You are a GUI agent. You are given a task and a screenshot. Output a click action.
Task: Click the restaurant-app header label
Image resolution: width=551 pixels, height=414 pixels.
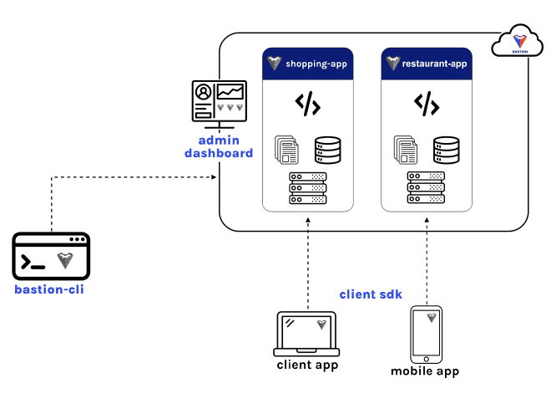tap(433, 64)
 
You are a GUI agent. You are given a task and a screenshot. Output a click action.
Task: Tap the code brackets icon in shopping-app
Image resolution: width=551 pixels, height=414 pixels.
tap(308, 105)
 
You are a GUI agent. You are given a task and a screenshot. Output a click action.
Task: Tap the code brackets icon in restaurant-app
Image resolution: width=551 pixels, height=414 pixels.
tap(427, 105)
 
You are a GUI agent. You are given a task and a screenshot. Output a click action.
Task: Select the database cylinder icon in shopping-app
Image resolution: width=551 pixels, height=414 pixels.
tap(328, 150)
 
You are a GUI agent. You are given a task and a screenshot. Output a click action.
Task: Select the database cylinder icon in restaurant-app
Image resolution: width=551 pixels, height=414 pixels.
tap(447, 150)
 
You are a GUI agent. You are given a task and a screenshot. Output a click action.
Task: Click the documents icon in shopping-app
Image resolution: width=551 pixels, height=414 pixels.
tap(287, 150)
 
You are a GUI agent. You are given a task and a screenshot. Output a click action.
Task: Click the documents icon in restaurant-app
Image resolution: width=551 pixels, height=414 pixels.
tap(406, 150)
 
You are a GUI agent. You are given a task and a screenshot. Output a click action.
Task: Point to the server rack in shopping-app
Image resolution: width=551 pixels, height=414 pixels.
tap(308, 188)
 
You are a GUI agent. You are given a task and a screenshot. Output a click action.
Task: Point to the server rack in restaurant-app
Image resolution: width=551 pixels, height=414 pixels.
tap(427, 188)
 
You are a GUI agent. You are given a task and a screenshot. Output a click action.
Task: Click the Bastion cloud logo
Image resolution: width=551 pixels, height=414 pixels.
tap(516, 42)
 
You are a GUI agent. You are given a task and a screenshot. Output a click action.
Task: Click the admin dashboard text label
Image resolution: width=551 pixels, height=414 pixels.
tap(218, 146)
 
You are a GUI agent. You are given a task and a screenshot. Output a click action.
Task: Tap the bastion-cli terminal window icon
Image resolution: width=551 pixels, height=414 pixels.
tap(51, 257)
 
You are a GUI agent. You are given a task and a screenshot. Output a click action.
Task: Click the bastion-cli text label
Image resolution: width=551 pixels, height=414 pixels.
tap(48, 290)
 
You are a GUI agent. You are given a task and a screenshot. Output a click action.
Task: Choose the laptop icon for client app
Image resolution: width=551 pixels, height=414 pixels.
tap(306, 334)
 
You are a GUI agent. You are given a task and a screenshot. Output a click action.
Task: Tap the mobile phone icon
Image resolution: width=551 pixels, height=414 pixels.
tap(426, 332)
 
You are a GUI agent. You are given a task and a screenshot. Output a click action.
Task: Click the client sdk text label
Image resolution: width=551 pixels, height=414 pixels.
tap(372, 294)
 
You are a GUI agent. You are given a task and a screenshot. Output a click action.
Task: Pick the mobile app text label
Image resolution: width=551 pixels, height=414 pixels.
tap(425, 371)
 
